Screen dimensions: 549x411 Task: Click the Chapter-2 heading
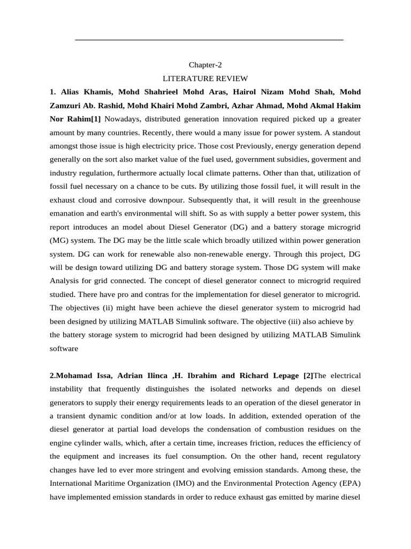[x=205, y=65]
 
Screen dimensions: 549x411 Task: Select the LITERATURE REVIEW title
[x=205, y=78]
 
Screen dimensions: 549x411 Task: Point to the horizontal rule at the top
[x=209, y=40]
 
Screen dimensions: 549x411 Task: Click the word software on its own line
[x=64, y=348]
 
